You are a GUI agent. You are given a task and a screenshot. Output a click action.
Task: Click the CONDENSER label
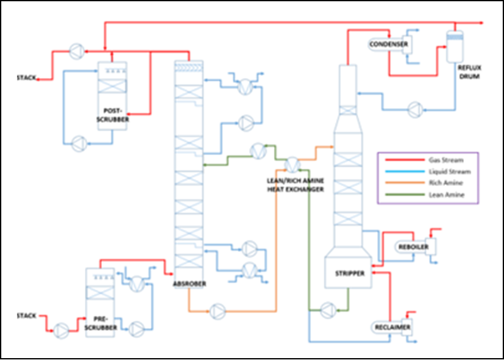(388, 45)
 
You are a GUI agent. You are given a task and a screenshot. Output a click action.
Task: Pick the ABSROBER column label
(189, 284)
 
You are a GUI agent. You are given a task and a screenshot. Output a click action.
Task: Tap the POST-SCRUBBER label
(112, 115)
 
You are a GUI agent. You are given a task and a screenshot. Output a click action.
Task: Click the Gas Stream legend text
(446, 160)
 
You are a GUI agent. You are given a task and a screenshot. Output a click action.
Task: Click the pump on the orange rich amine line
(217, 311)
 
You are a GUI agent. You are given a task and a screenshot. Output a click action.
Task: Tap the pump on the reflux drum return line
(415, 110)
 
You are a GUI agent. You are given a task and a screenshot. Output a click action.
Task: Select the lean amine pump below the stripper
(328, 310)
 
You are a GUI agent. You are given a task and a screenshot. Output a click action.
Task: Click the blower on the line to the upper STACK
(77, 51)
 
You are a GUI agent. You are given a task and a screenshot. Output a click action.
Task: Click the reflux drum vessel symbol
(455, 46)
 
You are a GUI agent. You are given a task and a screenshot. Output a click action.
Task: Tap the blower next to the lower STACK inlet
(61, 330)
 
